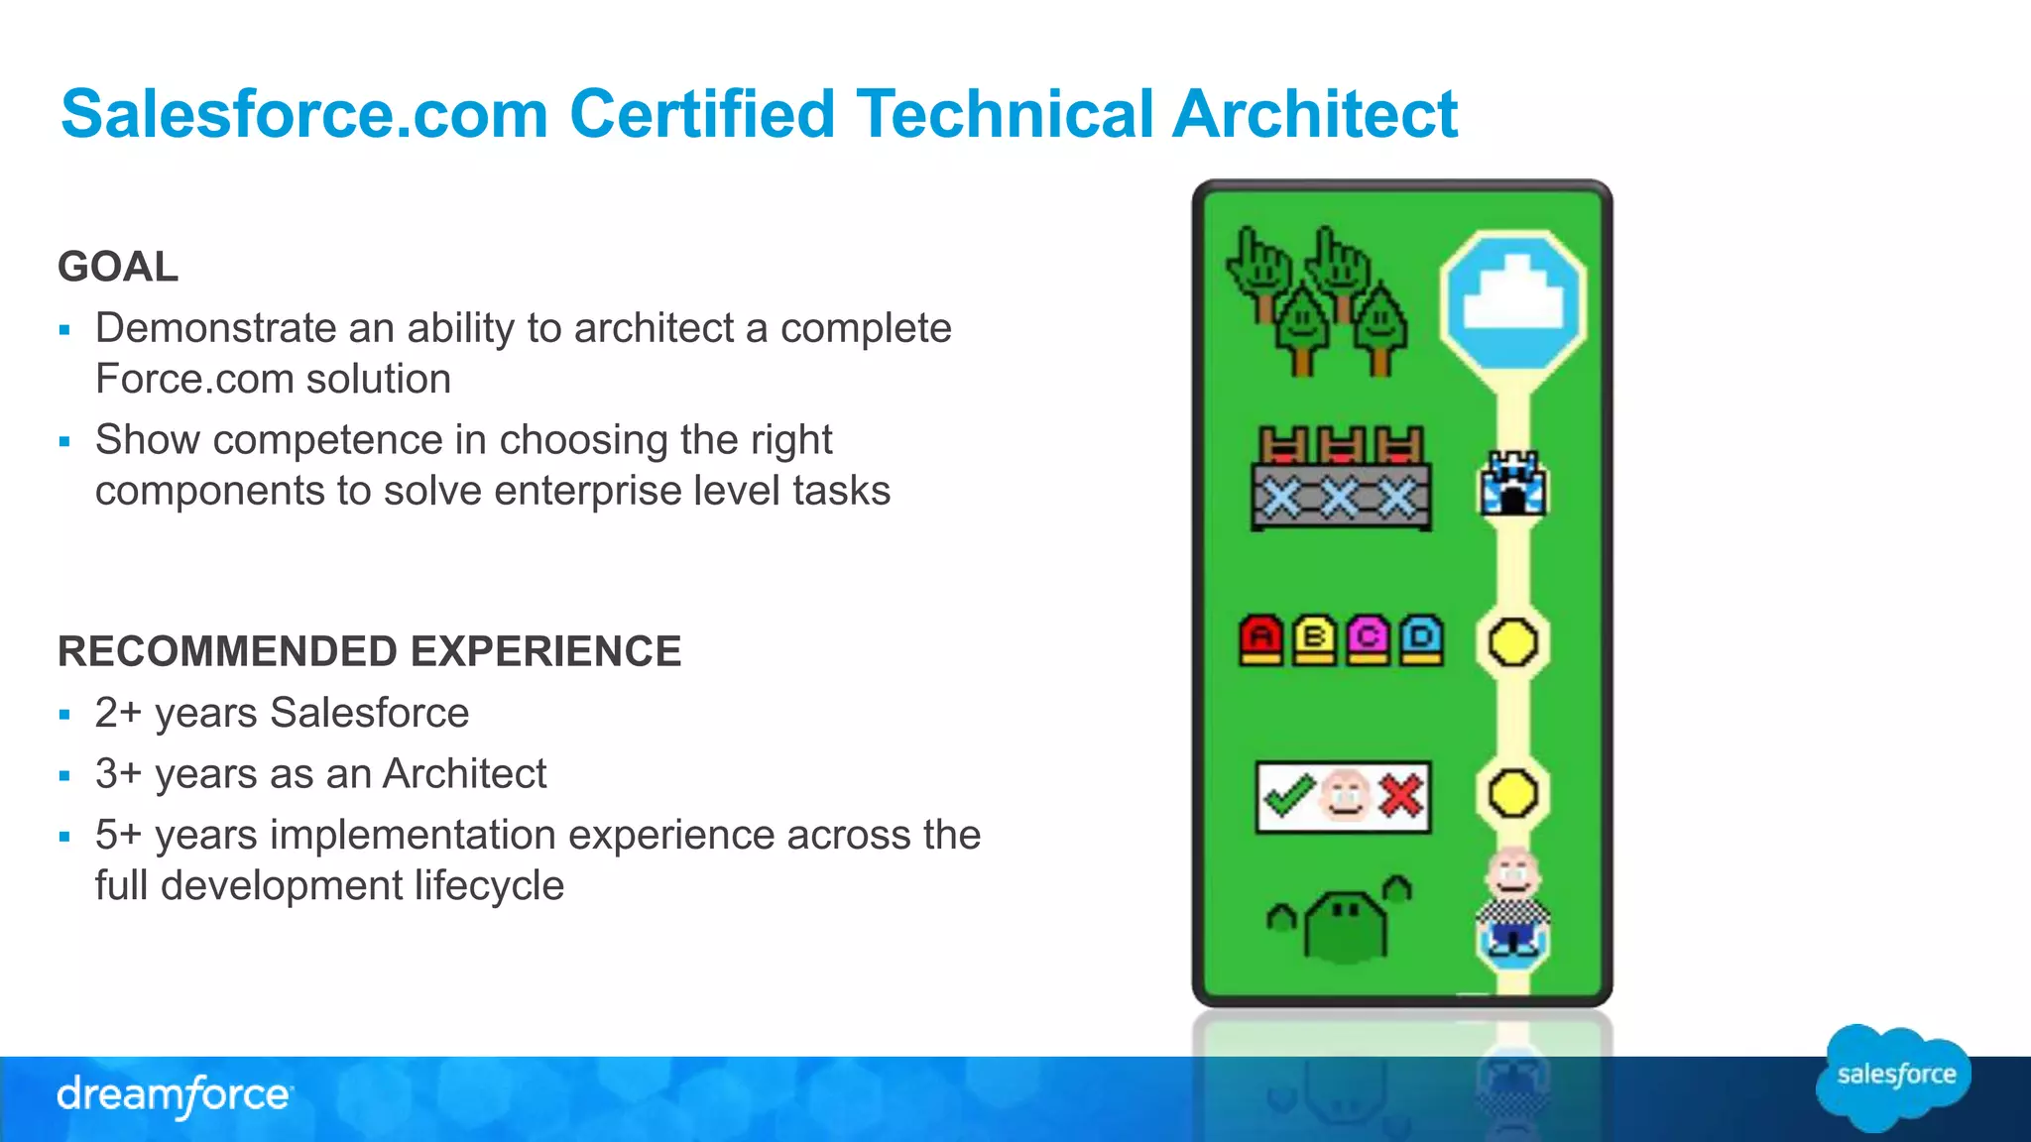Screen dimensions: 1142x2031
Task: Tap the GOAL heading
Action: click(x=118, y=267)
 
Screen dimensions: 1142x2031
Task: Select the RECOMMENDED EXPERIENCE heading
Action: click(x=369, y=652)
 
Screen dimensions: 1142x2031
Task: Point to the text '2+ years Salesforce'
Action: click(x=282, y=714)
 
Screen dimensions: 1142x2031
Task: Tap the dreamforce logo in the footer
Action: click(x=174, y=1095)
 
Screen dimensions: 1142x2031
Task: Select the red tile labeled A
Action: click(x=1261, y=639)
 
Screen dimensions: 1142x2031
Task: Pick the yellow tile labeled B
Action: click(x=1314, y=639)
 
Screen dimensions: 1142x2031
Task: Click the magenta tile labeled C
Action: click(x=1368, y=639)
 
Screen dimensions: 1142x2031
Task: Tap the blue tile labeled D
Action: click(x=1421, y=639)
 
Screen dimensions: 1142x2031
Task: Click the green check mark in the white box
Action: click(x=1287, y=796)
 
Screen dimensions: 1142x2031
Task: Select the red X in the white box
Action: click(x=1400, y=796)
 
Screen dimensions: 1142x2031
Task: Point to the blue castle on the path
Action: click(x=1512, y=484)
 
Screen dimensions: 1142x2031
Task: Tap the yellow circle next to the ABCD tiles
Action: click(x=1512, y=642)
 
